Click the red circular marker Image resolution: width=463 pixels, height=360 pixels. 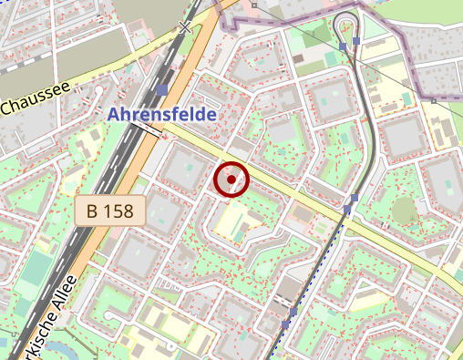pyautogui.click(x=231, y=180)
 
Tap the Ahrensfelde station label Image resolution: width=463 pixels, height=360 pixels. pyautogui.click(x=162, y=115)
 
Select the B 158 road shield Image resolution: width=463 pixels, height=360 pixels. pyautogui.click(x=109, y=211)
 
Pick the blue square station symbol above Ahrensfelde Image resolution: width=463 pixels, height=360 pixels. pyautogui.click(x=162, y=90)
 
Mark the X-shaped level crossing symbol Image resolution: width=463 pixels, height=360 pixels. pyautogui.click(x=187, y=27)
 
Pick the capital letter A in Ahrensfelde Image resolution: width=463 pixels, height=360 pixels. pyautogui.click(x=113, y=115)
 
